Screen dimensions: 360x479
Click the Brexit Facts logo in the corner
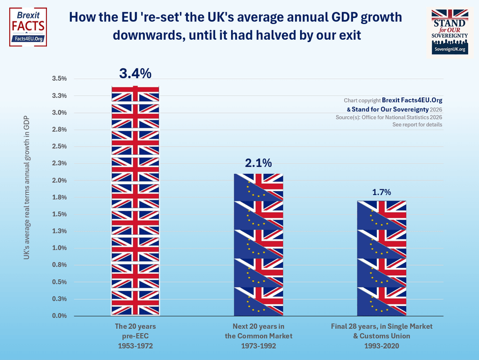28,27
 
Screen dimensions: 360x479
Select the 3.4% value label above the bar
135,74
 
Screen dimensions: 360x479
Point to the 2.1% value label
258,163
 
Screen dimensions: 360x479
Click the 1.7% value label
381,192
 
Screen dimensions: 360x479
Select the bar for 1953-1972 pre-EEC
135,201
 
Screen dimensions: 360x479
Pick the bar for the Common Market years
258,245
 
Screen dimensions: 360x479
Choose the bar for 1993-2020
381,258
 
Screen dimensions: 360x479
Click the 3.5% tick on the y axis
59,79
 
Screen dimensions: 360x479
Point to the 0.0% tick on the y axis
59,316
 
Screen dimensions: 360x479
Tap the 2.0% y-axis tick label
59,180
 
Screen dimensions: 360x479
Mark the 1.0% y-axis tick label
59,248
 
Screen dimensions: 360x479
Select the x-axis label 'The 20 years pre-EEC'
135,336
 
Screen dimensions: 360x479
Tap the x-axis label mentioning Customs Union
381,336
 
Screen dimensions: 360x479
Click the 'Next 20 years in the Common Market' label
258,336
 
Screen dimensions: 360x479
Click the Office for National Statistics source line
395,117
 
